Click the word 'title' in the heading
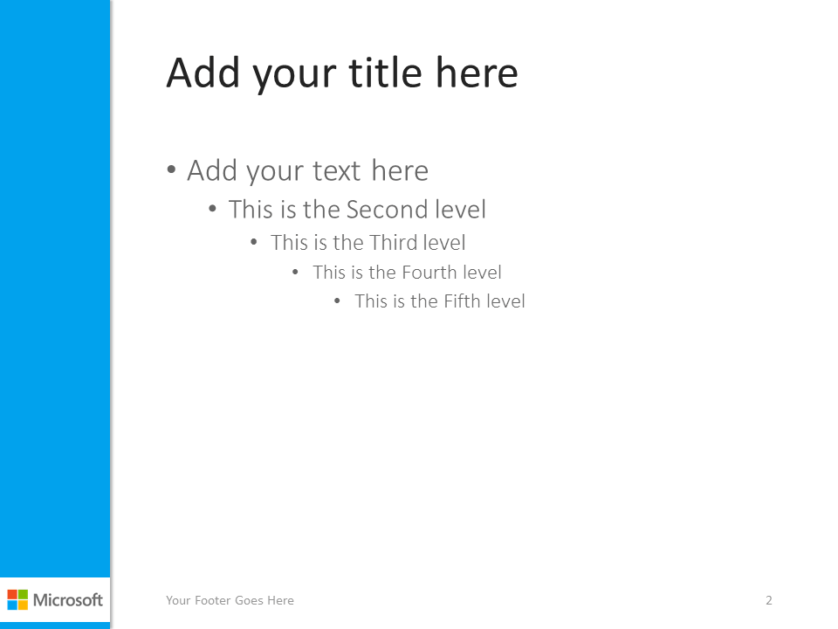(x=385, y=73)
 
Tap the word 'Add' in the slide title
(x=203, y=73)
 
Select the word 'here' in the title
(x=477, y=73)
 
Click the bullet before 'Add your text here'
(x=171, y=170)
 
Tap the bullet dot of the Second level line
(x=213, y=209)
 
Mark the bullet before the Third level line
(x=254, y=242)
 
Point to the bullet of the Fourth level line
(x=295, y=273)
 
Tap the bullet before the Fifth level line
(x=337, y=301)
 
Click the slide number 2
(x=768, y=600)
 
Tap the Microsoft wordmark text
(x=68, y=600)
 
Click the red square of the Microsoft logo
(x=12, y=595)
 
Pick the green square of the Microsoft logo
(x=23, y=595)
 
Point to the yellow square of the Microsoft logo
(x=23, y=605)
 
